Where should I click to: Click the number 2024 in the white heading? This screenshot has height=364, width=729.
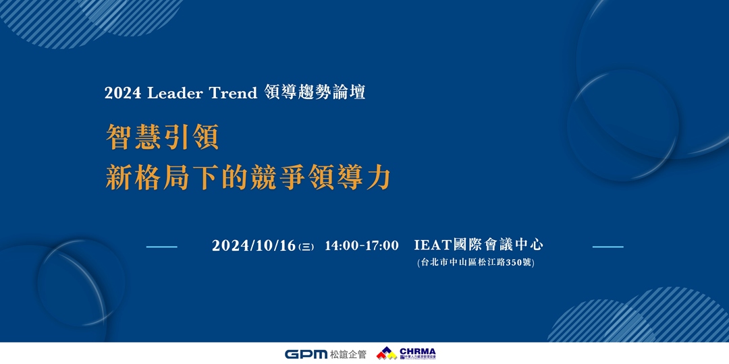pyautogui.click(x=123, y=94)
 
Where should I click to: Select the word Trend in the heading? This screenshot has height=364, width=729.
pyautogui.click(x=234, y=94)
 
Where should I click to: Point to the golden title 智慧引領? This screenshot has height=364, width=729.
pyautogui.click(x=163, y=138)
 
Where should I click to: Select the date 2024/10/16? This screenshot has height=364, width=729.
pyautogui.click(x=254, y=246)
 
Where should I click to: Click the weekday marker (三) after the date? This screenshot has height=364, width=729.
pyautogui.click(x=306, y=247)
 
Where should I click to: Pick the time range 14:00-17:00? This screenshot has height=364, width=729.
pyautogui.click(x=362, y=246)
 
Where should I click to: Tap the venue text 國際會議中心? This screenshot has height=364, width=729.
pyautogui.click(x=503, y=245)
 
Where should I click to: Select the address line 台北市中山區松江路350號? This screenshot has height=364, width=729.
pyautogui.click(x=476, y=263)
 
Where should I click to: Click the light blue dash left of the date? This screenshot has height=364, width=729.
pyautogui.click(x=161, y=247)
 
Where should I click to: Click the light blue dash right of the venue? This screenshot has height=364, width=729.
pyautogui.click(x=607, y=247)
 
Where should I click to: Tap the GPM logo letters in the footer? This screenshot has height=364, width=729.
pyautogui.click(x=306, y=354)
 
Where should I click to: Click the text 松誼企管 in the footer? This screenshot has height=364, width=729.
pyautogui.click(x=348, y=354)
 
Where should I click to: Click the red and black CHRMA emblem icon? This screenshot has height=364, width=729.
pyautogui.click(x=386, y=353)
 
